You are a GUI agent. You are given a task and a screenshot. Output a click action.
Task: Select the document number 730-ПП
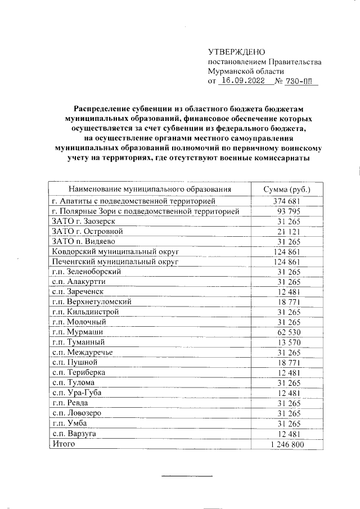(301, 82)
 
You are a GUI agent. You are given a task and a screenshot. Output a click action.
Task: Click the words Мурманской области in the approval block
(246, 71)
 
